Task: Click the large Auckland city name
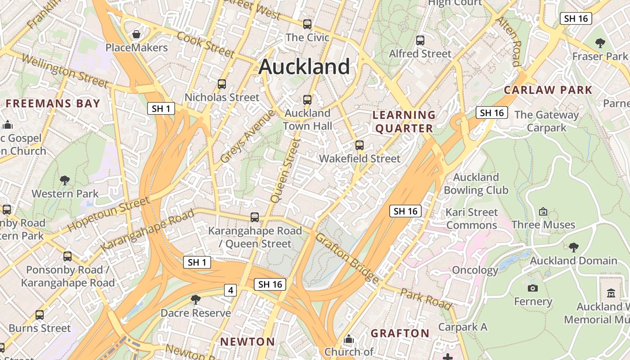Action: click(304, 67)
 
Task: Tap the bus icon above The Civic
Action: click(307, 24)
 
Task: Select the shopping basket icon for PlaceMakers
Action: click(136, 34)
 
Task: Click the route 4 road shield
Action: click(230, 290)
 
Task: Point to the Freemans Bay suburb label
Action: click(53, 103)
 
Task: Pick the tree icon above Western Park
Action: click(65, 180)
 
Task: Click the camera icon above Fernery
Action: click(533, 288)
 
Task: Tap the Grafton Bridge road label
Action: click(347, 258)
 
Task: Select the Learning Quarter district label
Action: click(404, 121)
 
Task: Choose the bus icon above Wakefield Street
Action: click(359, 145)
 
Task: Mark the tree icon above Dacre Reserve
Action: click(195, 299)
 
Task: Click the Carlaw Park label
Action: click(548, 90)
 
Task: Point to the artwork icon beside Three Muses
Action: click(543, 211)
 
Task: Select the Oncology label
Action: click(475, 270)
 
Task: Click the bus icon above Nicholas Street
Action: click(222, 84)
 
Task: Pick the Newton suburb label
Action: click(247, 342)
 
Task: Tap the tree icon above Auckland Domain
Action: click(573, 247)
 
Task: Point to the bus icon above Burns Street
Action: click(40, 315)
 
